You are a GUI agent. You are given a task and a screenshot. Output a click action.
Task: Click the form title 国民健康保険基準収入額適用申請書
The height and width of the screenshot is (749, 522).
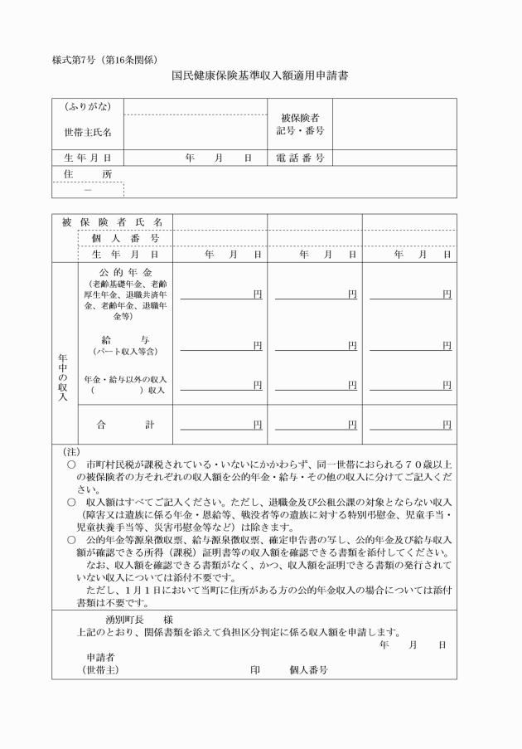pyautogui.click(x=260, y=75)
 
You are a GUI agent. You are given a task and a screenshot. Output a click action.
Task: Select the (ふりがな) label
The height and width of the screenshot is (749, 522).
pyautogui.click(x=88, y=107)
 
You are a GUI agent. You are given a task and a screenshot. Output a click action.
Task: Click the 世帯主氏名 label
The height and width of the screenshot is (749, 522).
pyautogui.click(x=88, y=132)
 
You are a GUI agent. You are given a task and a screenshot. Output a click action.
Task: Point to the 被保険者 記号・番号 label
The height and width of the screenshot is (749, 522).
pyautogui.click(x=300, y=124)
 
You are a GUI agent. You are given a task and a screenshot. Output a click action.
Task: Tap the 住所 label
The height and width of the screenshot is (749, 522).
pyautogui.click(x=88, y=174)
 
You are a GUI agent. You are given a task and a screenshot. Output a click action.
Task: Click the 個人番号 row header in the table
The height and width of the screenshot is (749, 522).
pyautogui.click(x=124, y=239)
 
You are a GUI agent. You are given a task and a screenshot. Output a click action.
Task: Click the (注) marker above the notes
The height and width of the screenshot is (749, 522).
pyautogui.click(x=71, y=452)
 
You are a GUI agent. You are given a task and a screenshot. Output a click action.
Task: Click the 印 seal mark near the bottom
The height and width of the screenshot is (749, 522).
pyautogui.click(x=255, y=669)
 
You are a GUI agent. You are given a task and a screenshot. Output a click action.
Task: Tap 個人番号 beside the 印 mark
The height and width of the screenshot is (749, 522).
pyautogui.click(x=308, y=669)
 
